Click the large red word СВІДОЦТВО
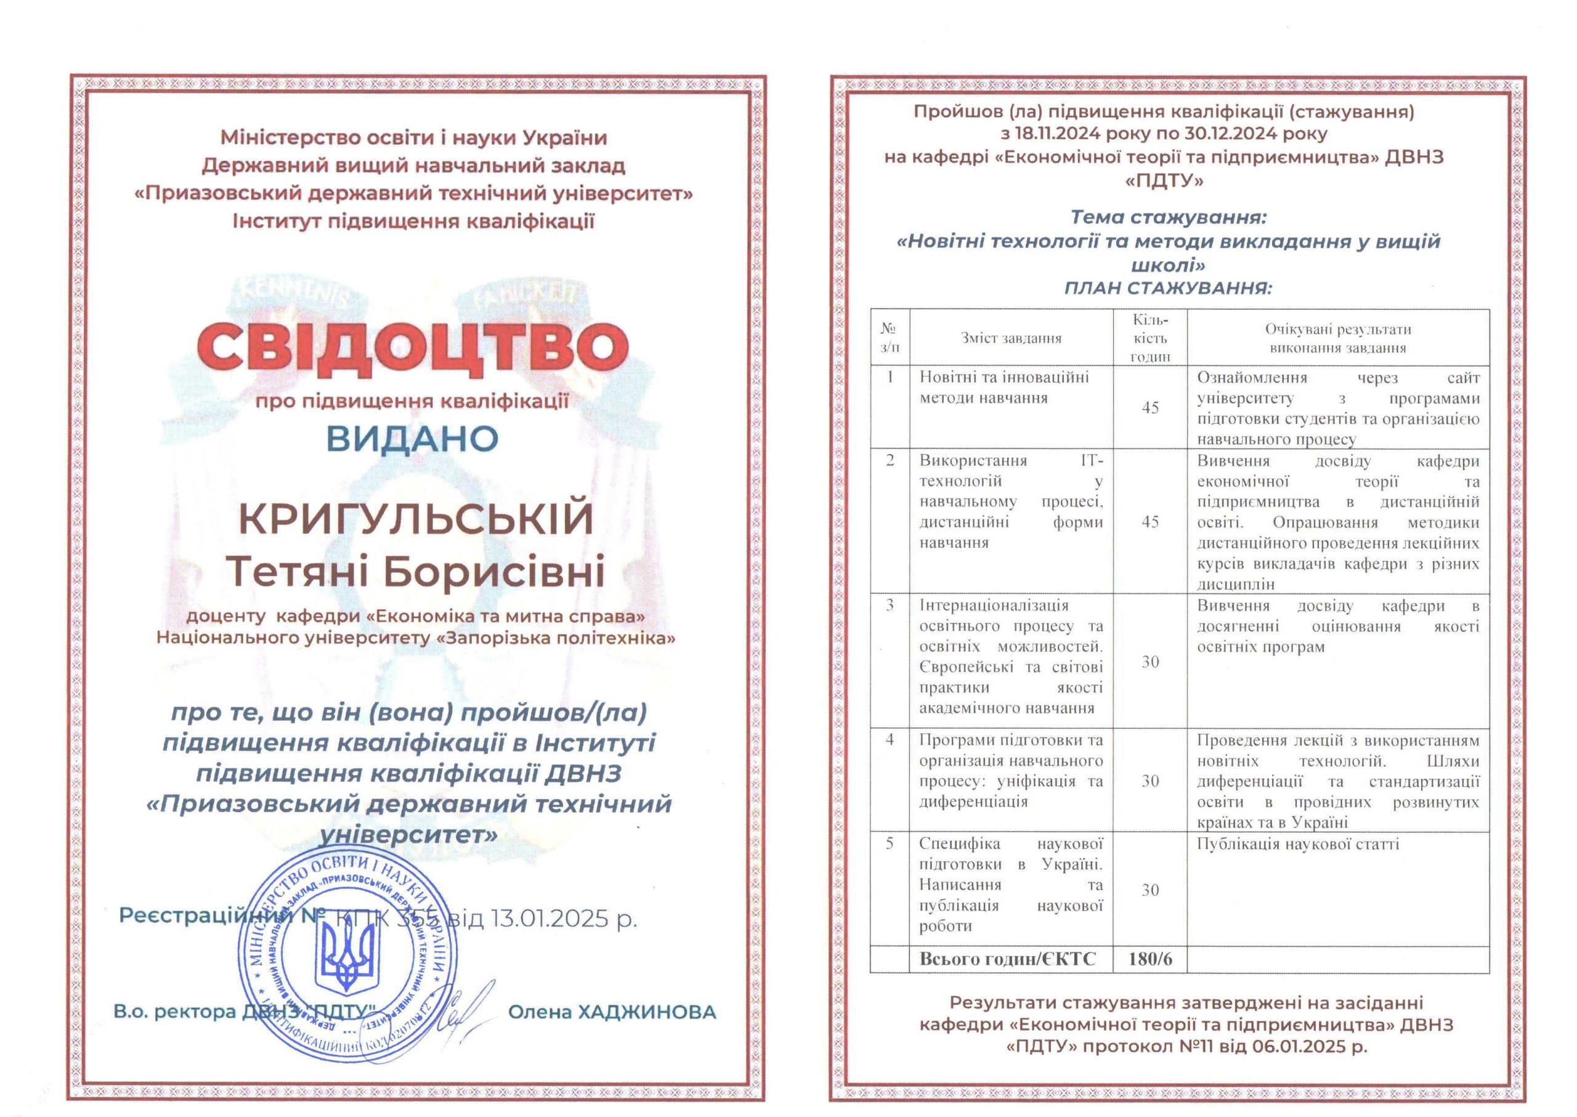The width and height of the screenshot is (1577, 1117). tap(413, 347)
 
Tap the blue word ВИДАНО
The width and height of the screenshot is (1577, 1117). tap(412, 438)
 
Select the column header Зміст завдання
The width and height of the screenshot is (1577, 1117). tap(1011, 338)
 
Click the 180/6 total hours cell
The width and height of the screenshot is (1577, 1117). tap(1150, 959)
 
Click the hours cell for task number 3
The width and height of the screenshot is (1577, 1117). tap(1150, 662)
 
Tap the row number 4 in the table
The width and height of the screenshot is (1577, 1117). tap(890, 740)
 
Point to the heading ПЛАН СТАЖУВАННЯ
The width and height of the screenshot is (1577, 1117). tap(1168, 288)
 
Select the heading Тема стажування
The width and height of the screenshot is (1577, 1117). tap(1168, 218)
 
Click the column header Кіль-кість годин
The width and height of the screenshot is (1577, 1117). tap(1150, 338)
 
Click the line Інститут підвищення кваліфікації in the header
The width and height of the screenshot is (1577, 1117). tap(413, 221)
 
